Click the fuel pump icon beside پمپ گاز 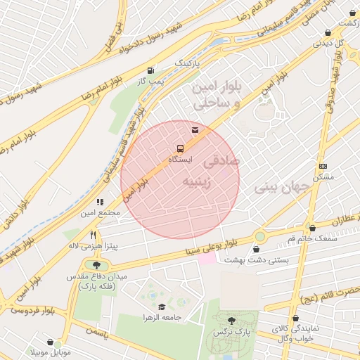click(x=150, y=70)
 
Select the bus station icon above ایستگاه click(x=181, y=148)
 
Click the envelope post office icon click(x=195, y=129)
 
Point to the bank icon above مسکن click(x=323, y=166)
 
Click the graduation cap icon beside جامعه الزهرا click(x=162, y=307)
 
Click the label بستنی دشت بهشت click(x=254, y=260)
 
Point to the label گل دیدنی click(x=328, y=43)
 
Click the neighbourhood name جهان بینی click(x=276, y=188)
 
